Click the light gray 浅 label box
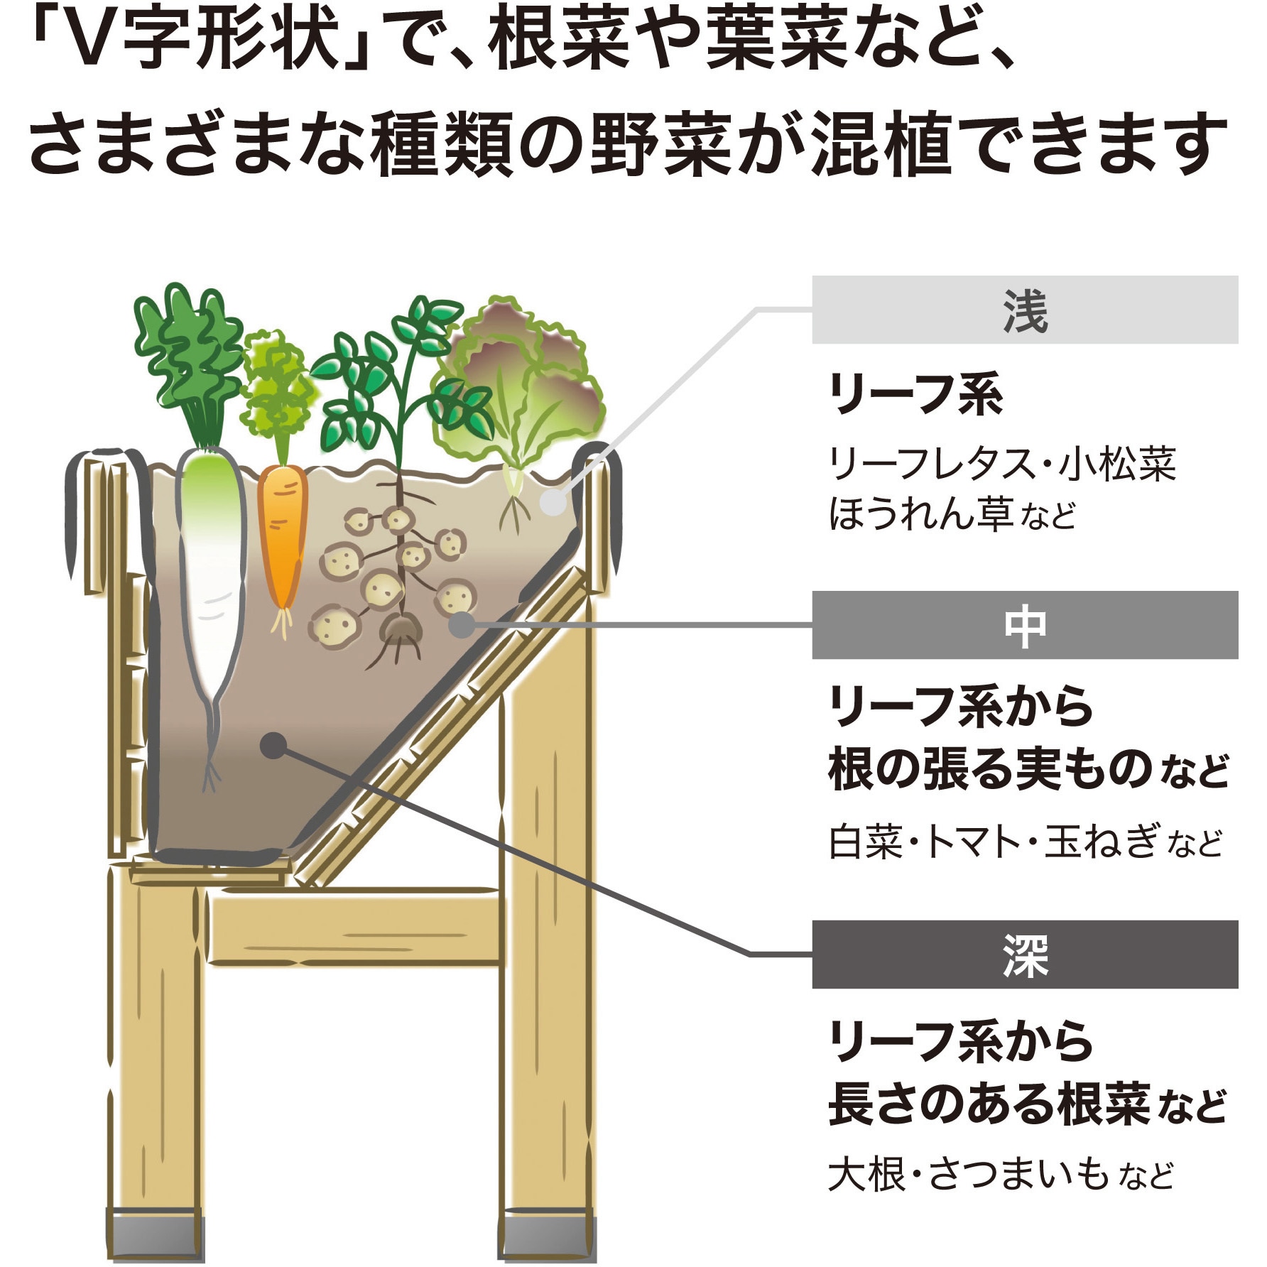pos(1025,310)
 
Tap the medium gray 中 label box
pos(1025,625)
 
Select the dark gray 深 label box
pos(1025,955)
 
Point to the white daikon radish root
pos(211,604)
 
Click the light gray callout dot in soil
pos(553,503)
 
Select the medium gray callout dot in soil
pos(463,624)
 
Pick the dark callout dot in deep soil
pos(273,745)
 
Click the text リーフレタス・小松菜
pos(1002,464)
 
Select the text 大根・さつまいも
pos(969,1174)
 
